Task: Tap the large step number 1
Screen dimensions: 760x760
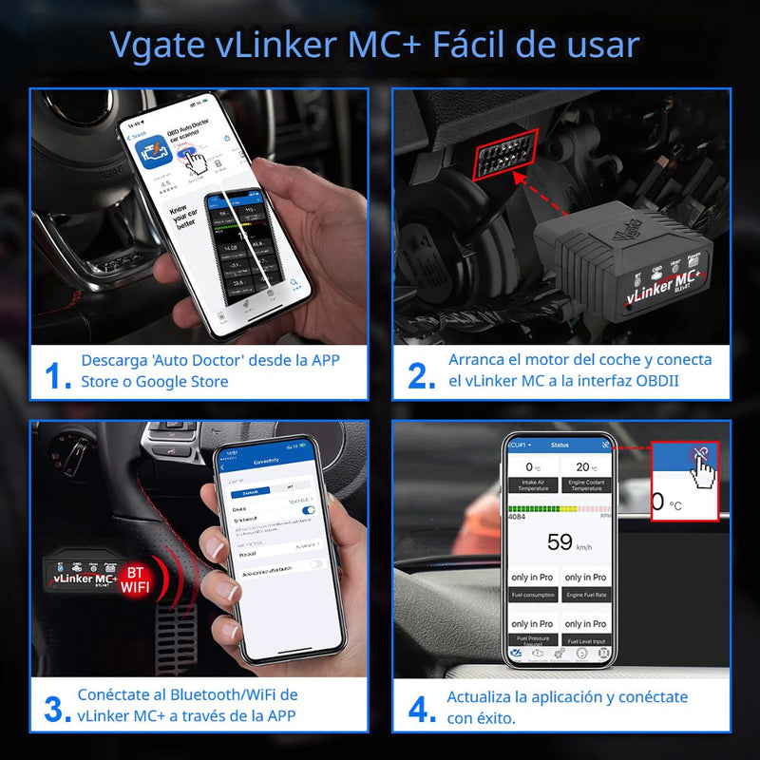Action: click(x=57, y=372)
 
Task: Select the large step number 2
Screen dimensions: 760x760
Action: click(x=422, y=372)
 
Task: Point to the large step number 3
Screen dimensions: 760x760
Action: click(x=57, y=707)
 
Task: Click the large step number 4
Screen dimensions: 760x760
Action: click(x=422, y=707)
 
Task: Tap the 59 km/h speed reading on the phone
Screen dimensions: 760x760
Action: click(x=560, y=542)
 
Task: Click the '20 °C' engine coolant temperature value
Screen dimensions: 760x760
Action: click(x=585, y=466)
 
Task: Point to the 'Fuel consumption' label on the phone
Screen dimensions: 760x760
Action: click(x=533, y=595)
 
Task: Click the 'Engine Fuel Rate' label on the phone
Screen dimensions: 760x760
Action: click(x=586, y=595)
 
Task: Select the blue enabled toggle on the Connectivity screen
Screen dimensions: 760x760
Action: click(x=308, y=510)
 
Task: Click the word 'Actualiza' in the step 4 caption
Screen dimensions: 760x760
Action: click(x=481, y=696)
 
